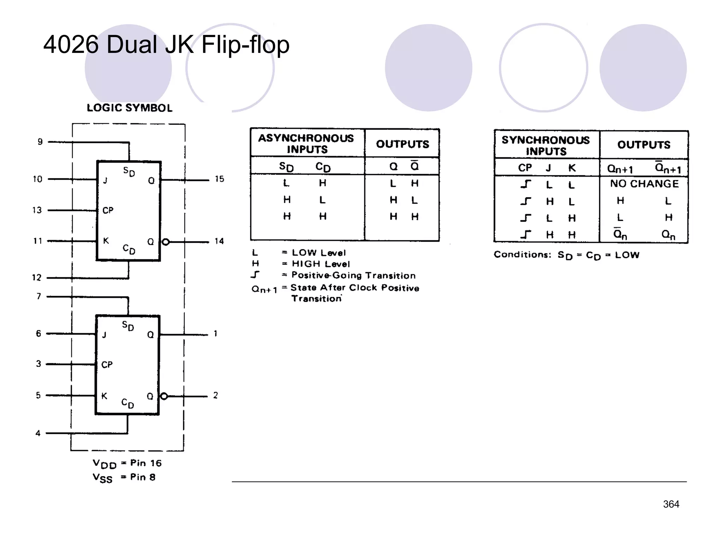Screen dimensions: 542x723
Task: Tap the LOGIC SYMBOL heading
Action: click(x=130, y=108)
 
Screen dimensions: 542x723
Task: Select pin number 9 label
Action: click(x=40, y=142)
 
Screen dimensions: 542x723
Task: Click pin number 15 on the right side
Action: click(x=219, y=179)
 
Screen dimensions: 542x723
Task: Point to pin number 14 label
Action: click(x=219, y=241)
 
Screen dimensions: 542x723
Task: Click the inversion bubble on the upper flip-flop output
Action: click(x=166, y=242)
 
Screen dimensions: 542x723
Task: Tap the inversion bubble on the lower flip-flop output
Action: click(x=164, y=396)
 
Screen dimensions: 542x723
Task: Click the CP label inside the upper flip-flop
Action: click(x=108, y=211)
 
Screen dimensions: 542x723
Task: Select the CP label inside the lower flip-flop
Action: click(x=107, y=365)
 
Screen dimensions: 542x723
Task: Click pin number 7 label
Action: click(x=39, y=296)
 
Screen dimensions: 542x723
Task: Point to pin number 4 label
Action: click(x=38, y=433)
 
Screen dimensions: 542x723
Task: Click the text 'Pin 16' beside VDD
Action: click(x=146, y=463)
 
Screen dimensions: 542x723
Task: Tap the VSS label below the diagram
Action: click(x=102, y=478)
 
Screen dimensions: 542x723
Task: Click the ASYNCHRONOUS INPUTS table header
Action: click(x=306, y=144)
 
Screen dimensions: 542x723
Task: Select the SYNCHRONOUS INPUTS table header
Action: click(x=546, y=145)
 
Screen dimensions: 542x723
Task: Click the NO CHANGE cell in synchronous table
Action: click(x=644, y=184)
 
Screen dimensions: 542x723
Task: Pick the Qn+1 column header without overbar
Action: click(x=620, y=169)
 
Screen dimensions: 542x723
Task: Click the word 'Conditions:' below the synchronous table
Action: click(x=522, y=255)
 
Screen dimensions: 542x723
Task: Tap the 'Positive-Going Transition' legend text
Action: click(x=353, y=276)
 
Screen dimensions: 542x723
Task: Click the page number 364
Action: click(x=671, y=504)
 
